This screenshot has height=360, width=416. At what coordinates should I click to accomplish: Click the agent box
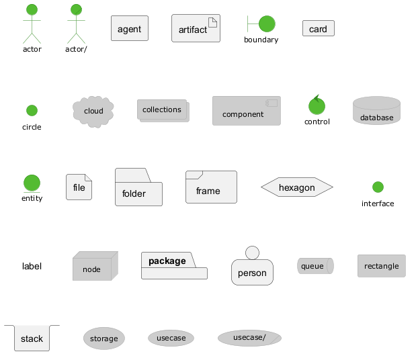click(x=129, y=29)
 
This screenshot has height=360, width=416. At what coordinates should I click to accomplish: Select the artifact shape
click(x=196, y=29)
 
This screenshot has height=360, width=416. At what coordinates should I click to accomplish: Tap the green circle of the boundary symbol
click(x=267, y=24)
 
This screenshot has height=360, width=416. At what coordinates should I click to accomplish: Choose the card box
click(x=318, y=29)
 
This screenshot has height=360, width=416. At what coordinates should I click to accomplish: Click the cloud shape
click(x=93, y=111)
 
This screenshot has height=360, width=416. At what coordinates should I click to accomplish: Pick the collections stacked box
click(x=163, y=110)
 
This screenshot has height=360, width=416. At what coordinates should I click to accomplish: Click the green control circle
click(x=317, y=106)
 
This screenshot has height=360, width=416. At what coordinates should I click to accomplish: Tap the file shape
click(x=79, y=187)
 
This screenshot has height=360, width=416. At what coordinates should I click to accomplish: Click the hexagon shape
click(x=296, y=187)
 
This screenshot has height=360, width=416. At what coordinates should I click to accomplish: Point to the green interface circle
click(x=378, y=187)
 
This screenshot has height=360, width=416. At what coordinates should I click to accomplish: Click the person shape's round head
click(x=252, y=253)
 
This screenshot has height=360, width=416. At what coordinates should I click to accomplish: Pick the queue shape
click(x=315, y=266)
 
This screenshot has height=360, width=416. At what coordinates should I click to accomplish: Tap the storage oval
click(x=103, y=339)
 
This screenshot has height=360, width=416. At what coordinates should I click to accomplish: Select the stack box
click(x=32, y=339)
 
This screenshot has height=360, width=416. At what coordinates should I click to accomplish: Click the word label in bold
click(x=32, y=267)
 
